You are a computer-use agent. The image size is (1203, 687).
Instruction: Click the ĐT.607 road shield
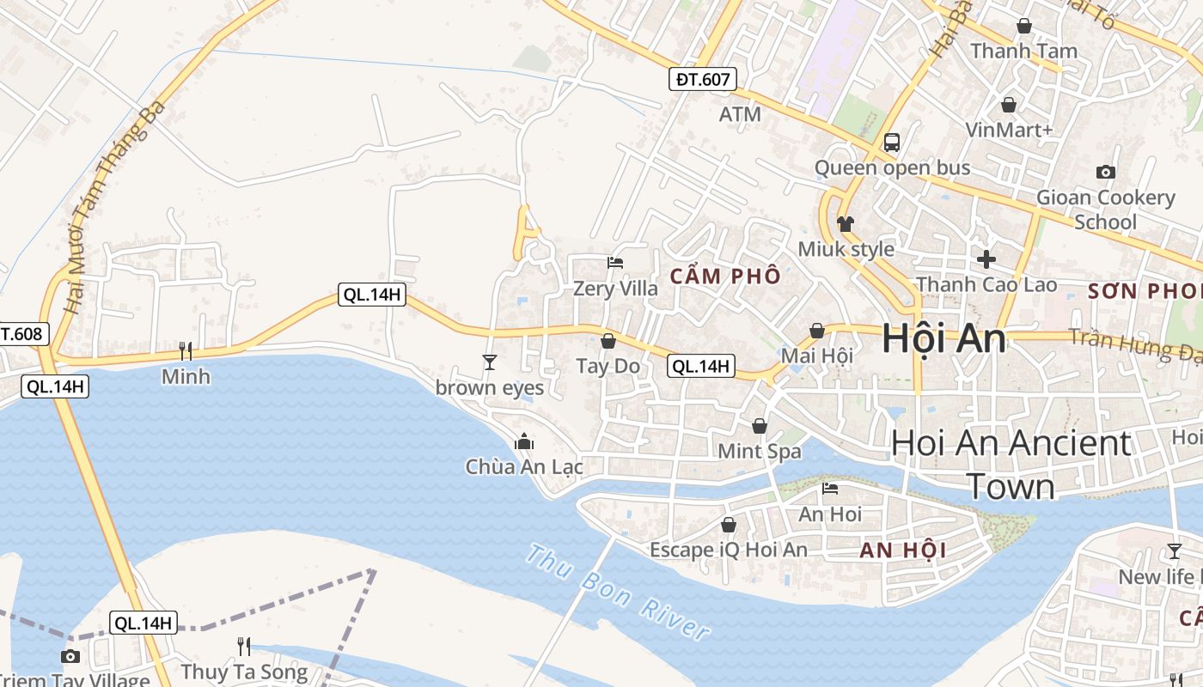[702, 80]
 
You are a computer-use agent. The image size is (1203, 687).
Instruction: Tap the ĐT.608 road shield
[22, 333]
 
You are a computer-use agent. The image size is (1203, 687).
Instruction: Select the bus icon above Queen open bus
[892, 143]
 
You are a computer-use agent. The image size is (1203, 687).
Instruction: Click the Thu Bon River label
[618, 593]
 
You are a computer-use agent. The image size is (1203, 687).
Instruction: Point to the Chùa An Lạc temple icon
[524, 442]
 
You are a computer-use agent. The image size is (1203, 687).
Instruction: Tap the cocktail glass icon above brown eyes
[490, 362]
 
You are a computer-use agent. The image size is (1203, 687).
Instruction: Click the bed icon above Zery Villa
[615, 263]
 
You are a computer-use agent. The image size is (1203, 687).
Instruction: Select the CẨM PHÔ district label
[726, 276]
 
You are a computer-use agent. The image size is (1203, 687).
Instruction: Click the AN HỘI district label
[903, 550]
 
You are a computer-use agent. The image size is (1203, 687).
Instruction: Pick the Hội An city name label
[943, 338]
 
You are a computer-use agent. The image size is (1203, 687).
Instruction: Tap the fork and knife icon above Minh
[185, 350]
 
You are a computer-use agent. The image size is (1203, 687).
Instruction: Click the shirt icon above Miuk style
[846, 224]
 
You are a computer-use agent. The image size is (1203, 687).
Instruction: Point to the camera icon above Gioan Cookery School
[1106, 172]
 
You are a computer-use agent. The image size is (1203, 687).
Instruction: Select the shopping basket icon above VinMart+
[1009, 105]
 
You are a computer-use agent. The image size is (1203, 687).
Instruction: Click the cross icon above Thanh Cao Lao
[986, 258]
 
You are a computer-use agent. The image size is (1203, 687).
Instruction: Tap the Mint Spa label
[760, 451]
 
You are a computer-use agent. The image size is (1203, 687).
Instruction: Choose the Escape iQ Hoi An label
[729, 550]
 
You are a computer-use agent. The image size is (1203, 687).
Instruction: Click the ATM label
[740, 114]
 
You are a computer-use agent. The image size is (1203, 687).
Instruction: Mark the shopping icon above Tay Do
[608, 341]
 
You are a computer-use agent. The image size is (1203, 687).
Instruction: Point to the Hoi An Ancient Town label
[1011, 464]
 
